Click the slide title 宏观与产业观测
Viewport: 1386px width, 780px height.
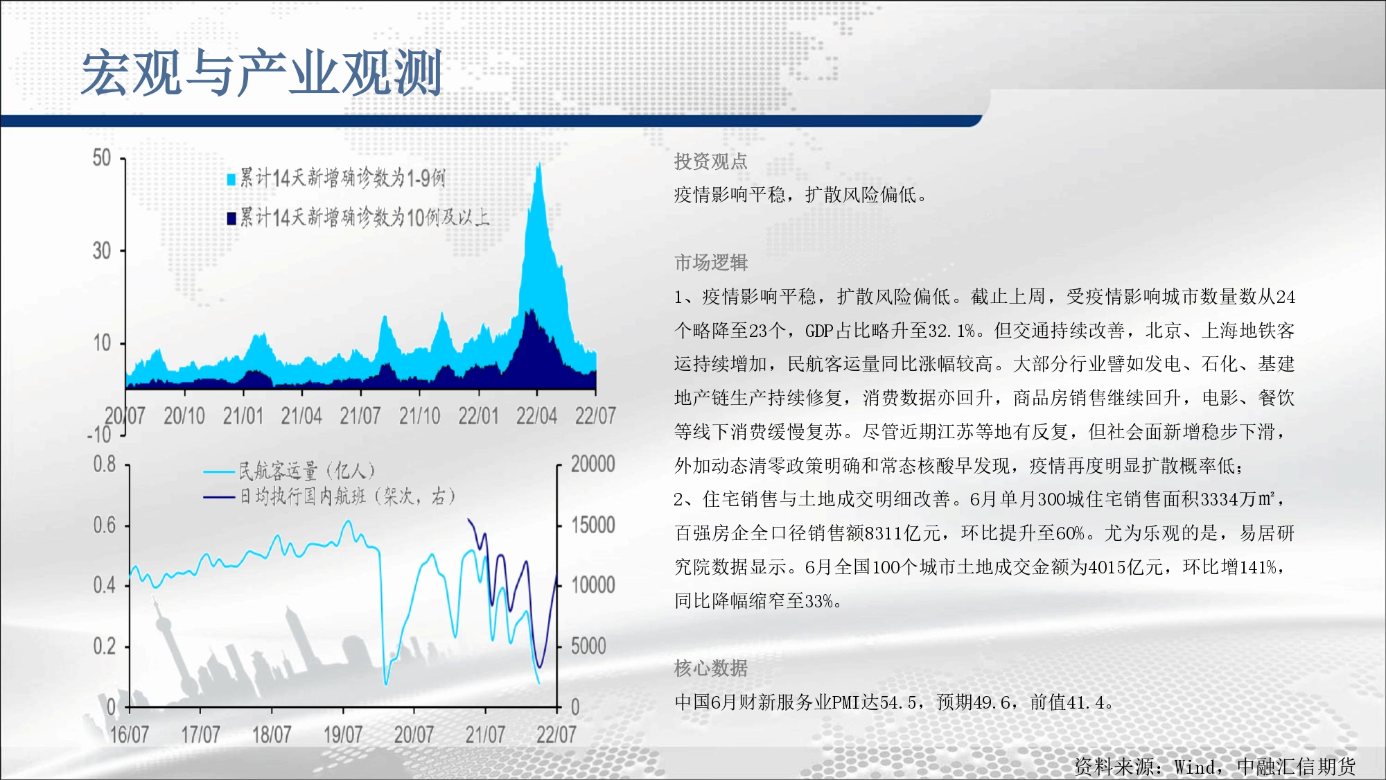[x=262, y=73]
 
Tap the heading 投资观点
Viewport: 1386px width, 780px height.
[x=711, y=162]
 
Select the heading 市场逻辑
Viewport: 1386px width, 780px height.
[x=711, y=263]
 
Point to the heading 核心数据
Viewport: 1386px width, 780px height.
[x=711, y=668]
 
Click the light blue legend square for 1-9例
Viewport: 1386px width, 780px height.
[x=231, y=180]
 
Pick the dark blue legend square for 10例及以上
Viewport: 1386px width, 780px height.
[x=231, y=218]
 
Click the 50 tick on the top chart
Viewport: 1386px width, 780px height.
[x=102, y=158]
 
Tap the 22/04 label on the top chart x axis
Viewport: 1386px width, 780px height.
[x=536, y=416]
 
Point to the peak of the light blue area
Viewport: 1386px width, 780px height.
[x=538, y=163]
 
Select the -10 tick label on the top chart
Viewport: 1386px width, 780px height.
[x=99, y=435]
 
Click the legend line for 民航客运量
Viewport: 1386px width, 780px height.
[x=218, y=472]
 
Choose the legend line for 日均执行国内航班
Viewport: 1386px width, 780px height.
[x=218, y=497]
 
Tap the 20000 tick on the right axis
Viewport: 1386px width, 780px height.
[x=593, y=464]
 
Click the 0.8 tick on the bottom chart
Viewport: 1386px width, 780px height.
[x=105, y=464]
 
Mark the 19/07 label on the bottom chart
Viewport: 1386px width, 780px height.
[x=343, y=734]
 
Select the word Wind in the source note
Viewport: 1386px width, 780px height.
[x=1194, y=767]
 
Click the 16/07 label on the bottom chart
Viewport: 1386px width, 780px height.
[x=130, y=734]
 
